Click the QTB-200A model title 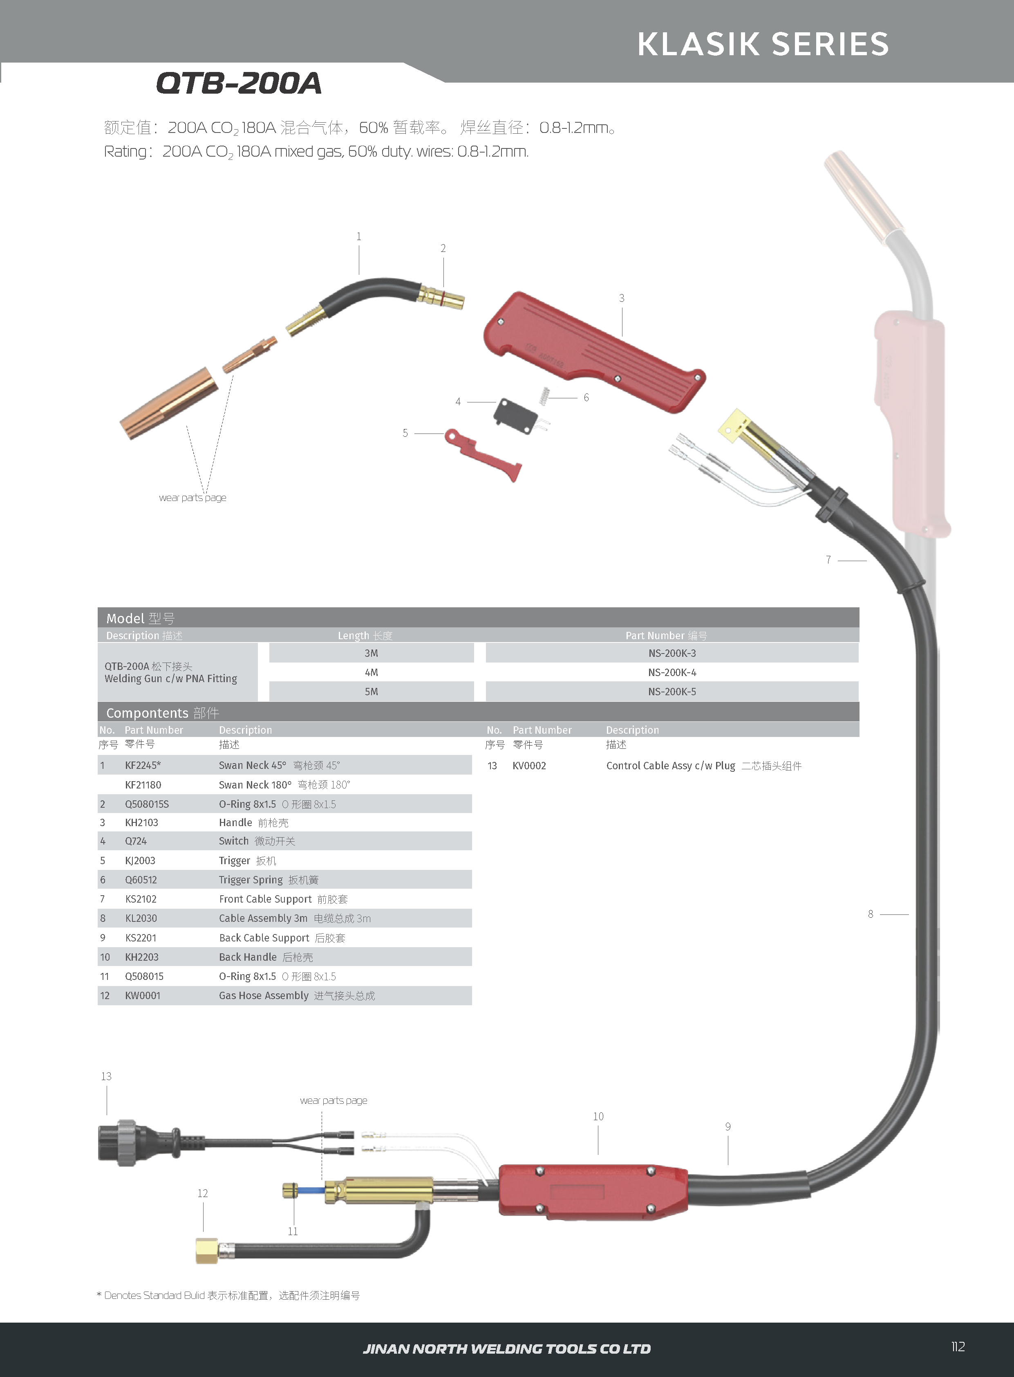click(239, 83)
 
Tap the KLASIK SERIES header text click(763, 44)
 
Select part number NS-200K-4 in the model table click(672, 672)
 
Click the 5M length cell click(372, 692)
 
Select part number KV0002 click(529, 766)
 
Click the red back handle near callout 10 click(592, 1191)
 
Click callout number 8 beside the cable click(871, 914)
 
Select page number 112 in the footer click(958, 1346)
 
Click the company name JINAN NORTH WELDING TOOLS click(506, 1349)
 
